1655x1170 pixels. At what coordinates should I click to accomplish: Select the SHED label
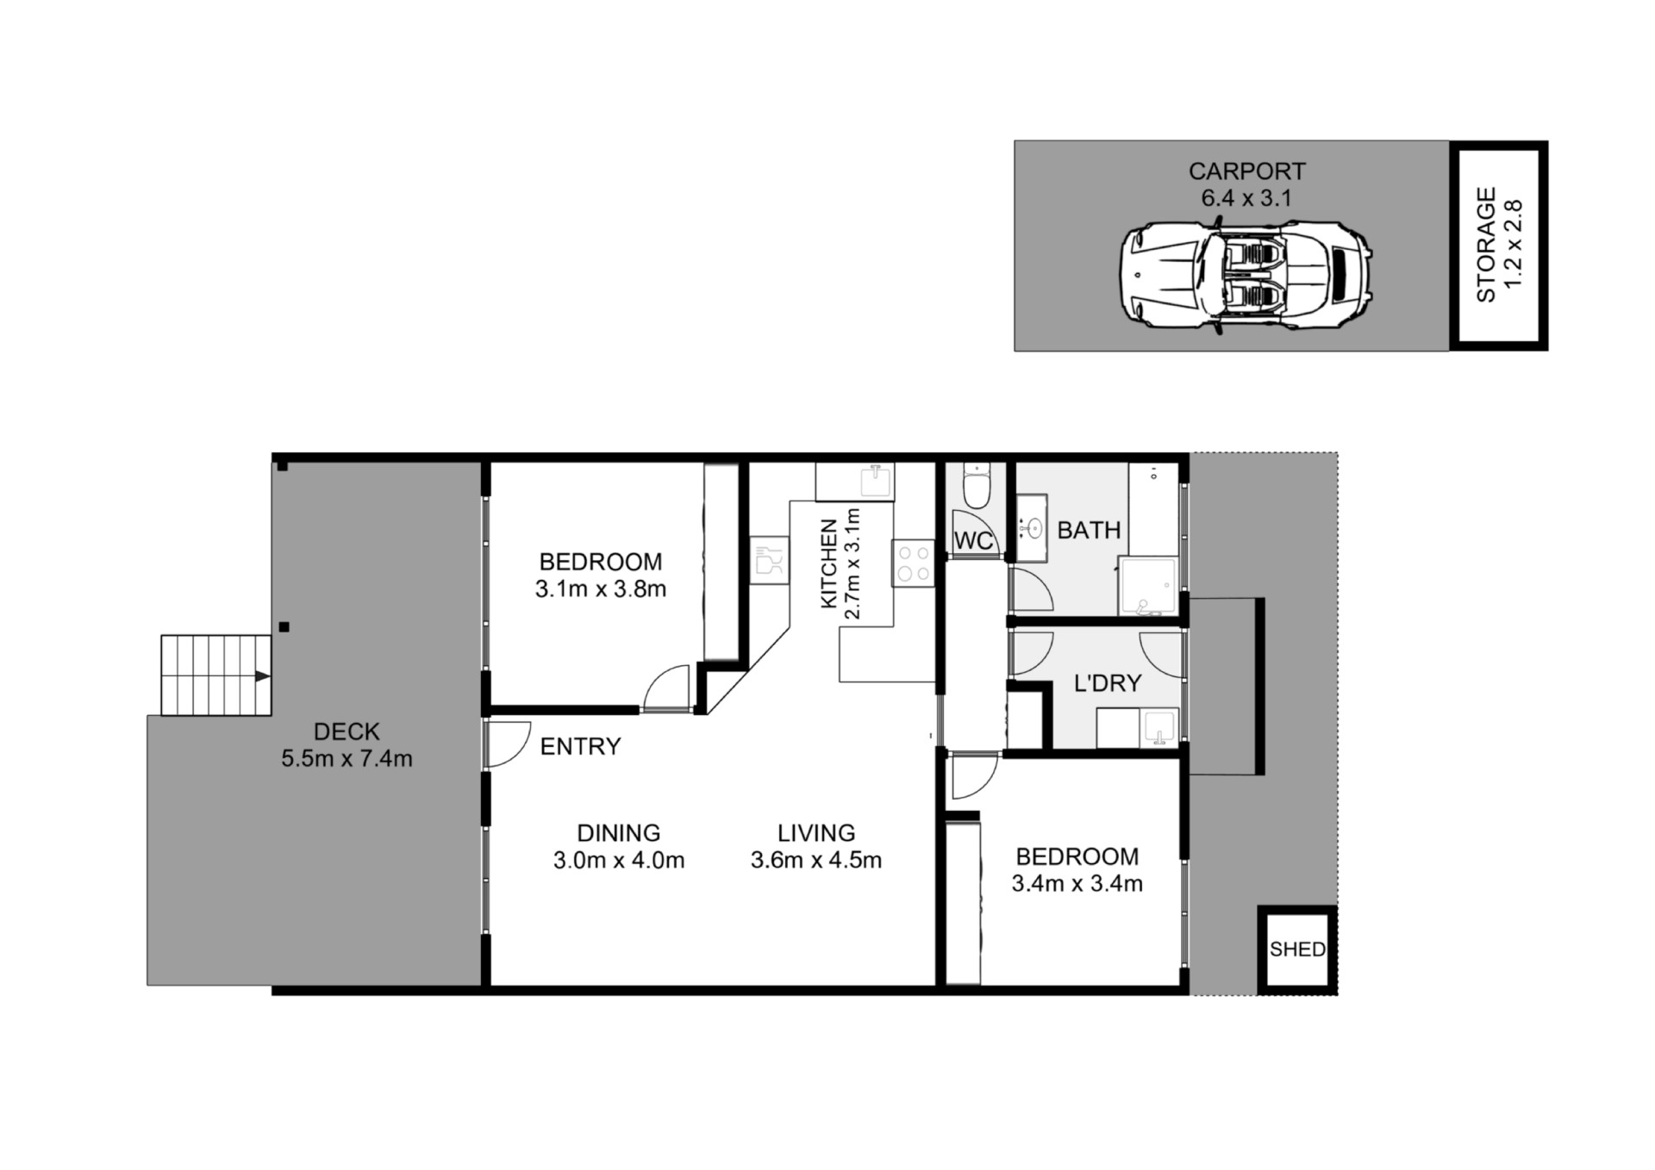tap(1297, 949)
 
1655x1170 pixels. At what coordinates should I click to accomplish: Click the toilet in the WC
tap(977, 488)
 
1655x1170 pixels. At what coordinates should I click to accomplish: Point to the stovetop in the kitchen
tap(914, 563)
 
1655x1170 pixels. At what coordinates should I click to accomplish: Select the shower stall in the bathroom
tap(1148, 586)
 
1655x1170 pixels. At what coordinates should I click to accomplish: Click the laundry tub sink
tap(1158, 729)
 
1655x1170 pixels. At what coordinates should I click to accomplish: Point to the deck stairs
tap(216, 675)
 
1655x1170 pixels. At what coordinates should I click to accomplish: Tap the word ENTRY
tap(580, 746)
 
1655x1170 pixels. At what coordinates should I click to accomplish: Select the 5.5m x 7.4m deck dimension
tap(347, 759)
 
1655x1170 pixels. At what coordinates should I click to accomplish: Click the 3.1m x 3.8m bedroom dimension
tap(601, 589)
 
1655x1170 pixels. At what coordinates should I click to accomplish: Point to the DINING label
tap(619, 833)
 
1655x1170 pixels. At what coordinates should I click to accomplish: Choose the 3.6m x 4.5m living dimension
tap(816, 860)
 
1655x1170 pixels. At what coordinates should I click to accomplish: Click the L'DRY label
tap(1108, 683)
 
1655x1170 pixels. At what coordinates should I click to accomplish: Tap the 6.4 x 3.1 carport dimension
tap(1246, 198)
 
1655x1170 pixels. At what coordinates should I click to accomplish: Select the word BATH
tap(1090, 530)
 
